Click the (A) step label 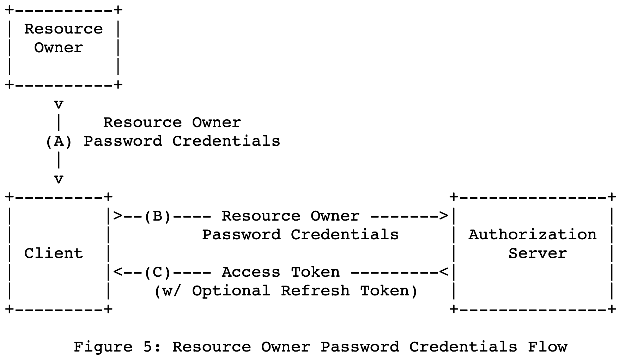click(59, 142)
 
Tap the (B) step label click(157, 216)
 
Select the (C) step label click(157, 272)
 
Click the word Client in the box click(54, 253)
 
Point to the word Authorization click(532, 235)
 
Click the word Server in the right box click(537, 253)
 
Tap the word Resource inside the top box click(63, 29)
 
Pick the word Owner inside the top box click(59, 48)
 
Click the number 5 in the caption click(147, 347)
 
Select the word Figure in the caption click(103, 347)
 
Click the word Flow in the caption click(547, 347)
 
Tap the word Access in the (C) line click(251, 272)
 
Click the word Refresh click(315, 291)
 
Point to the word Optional click(231, 291)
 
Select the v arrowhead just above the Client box click(59, 179)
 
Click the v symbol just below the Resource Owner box click(59, 104)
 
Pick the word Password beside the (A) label click(123, 142)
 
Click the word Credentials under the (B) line click(345, 235)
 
